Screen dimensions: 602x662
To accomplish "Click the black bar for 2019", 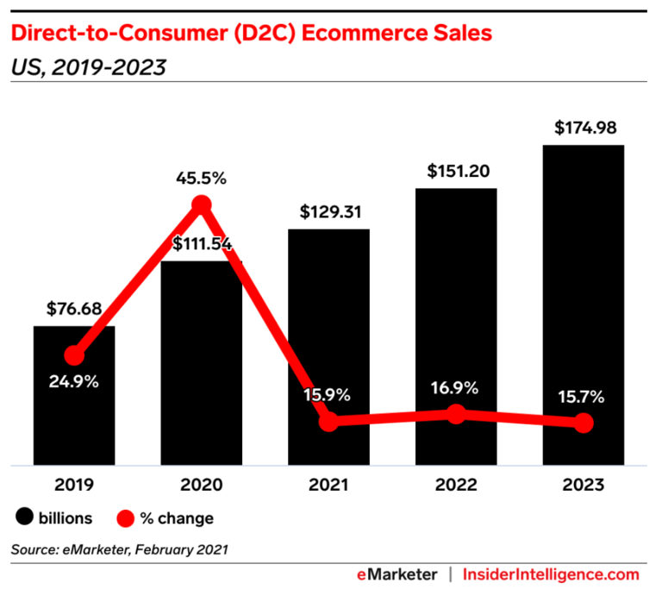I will pos(74,414).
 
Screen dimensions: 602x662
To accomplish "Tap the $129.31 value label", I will pos(328,212).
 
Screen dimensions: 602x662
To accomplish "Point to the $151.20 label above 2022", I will pos(456,171).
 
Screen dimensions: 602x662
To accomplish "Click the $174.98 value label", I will pos(584,129).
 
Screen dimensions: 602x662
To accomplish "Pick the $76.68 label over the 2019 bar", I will pos(74,309).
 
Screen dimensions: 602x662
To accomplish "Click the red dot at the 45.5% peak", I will pos(201,204).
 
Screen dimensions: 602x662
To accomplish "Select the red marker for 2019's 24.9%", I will pos(74,355).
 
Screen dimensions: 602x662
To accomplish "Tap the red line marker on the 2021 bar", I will pos(328,422).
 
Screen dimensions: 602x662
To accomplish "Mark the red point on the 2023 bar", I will pos(584,423).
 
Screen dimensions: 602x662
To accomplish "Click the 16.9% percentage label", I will pos(456,387).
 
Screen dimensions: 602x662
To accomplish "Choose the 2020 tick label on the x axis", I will pos(201,485).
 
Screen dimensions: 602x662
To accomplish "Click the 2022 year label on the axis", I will pos(456,485).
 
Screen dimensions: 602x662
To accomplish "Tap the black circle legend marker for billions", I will pos(22,518).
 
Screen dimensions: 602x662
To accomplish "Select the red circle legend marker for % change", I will pos(125,518).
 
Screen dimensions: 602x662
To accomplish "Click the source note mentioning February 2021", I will pos(120,549).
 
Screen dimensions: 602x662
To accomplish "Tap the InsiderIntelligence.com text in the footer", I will pos(551,574).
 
